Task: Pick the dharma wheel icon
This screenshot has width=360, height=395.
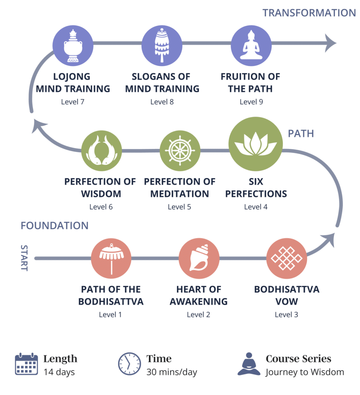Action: pos(179,151)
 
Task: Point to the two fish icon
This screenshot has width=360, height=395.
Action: pos(101,151)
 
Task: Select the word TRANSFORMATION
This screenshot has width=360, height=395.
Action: pos(309,13)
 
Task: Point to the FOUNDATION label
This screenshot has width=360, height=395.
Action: pos(54,226)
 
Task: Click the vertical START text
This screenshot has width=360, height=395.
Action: pos(24,258)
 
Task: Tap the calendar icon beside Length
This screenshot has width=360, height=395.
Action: pos(26,364)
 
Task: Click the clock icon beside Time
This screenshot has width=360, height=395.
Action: pos(129,364)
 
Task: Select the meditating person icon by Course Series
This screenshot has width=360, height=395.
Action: pos(249,364)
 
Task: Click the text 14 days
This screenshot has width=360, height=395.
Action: pos(59,372)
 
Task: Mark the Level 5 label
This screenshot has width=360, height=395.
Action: pos(179,207)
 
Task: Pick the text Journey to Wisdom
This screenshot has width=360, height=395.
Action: pos(304,372)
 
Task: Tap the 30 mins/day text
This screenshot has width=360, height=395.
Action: pos(172,372)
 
